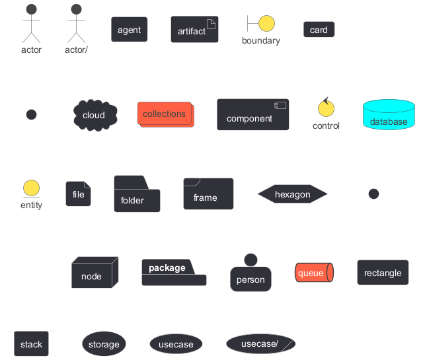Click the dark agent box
130,30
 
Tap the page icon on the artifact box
211,24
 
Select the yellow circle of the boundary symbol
266,23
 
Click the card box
319,29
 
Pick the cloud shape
95,115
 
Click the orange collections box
166,114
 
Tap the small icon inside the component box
280,106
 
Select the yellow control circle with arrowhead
326,108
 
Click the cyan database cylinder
389,114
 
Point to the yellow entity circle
32,188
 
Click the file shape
79,194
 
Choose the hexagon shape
292,194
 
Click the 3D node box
95,272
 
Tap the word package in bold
167,268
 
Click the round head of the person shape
251,260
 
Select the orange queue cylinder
314,273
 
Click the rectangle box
383,273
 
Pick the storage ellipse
104,343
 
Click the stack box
32,343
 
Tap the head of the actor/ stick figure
77,9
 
